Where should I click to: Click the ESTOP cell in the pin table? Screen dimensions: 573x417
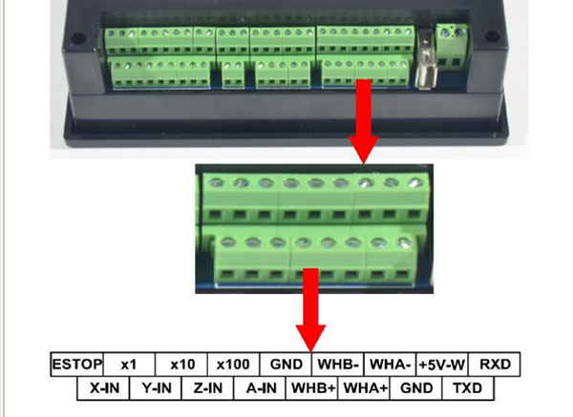[77, 365]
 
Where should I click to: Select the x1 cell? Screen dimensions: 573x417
[129, 365]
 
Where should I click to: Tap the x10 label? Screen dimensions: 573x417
[182, 365]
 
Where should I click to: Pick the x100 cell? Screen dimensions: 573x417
[234, 365]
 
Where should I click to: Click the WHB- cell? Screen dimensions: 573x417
[338, 365]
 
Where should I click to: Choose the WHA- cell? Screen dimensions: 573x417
[391, 365]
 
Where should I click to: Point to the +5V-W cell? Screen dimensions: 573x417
[442, 365]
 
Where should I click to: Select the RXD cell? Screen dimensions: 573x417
[494, 365]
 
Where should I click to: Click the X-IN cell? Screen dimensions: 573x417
[103, 388]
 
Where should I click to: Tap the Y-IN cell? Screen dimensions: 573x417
[156, 388]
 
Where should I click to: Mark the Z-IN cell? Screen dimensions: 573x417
[207, 388]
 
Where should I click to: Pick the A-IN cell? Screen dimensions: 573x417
[260, 388]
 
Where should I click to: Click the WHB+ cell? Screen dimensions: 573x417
[312, 388]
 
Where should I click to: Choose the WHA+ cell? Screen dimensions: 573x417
[364, 388]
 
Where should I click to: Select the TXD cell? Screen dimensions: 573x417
[468, 388]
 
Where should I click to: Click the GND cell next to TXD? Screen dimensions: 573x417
[416, 388]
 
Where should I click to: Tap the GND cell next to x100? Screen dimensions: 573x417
[286, 365]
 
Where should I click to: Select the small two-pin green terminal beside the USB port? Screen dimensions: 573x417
[452, 46]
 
